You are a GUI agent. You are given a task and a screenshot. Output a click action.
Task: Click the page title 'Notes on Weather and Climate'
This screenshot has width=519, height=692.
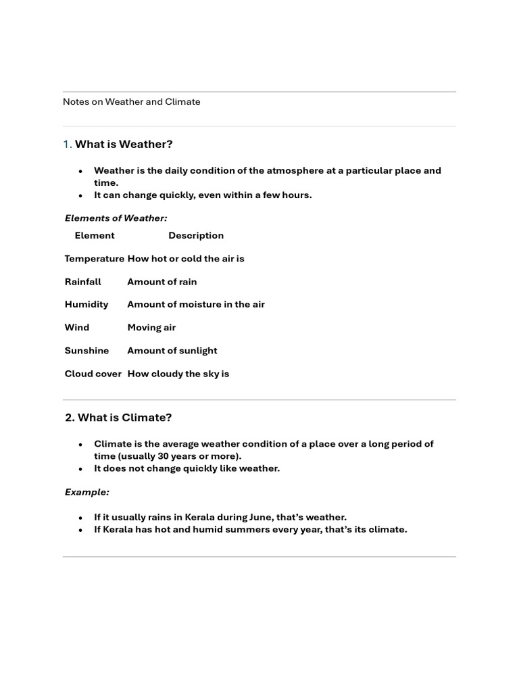coord(131,102)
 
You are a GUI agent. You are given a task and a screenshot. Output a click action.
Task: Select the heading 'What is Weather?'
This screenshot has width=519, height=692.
coord(124,145)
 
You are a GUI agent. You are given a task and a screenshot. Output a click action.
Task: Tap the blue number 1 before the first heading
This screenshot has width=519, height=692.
coord(66,145)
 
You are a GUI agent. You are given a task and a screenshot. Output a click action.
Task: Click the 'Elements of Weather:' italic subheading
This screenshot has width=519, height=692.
coord(116,218)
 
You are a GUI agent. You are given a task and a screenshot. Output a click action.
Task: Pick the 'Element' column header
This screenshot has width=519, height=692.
coord(95,236)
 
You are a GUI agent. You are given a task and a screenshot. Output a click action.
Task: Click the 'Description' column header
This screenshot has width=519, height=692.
coord(196,236)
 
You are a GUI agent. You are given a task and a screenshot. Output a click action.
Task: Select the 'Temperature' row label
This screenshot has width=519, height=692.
coord(94,259)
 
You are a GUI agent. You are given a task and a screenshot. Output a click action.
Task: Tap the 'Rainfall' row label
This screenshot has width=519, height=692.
coord(83,282)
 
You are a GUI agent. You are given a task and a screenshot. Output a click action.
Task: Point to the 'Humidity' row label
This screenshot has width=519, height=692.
coord(86,305)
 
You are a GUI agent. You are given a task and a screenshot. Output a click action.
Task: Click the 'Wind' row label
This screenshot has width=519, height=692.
coord(77,328)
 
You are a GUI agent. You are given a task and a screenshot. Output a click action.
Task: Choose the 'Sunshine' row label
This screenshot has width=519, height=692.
coord(86,351)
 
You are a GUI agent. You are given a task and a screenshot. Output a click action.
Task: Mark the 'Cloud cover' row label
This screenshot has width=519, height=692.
coord(93,374)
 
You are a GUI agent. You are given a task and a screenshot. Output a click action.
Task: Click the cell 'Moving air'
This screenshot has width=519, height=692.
coord(151,328)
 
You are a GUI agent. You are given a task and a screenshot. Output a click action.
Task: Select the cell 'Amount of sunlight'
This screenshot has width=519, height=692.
coord(172,351)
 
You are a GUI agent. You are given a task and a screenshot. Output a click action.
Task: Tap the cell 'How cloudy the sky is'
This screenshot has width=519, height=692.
coord(178,374)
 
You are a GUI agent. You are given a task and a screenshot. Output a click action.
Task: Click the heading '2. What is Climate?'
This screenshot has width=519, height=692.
coord(118,418)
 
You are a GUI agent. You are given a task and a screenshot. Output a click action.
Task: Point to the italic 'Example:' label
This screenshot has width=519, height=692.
coord(86,492)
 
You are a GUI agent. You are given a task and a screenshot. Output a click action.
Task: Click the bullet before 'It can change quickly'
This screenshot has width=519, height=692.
coord(80,196)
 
